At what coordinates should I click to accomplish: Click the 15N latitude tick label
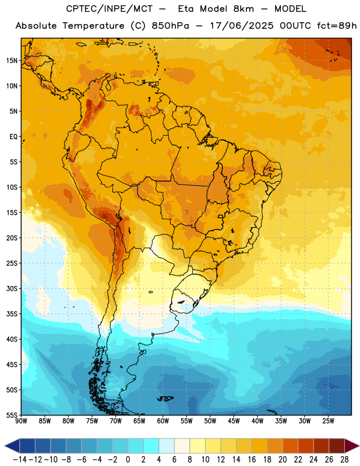[x=12, y=61]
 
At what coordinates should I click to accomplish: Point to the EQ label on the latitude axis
[x=13, y=137]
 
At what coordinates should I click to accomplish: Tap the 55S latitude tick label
[x=12, y=415]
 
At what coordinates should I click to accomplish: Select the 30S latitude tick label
[x=12, y=288]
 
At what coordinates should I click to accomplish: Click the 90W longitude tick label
[x=22, y=421]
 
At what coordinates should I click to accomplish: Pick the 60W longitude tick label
[x=163, y=421]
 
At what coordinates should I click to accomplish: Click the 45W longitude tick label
[x=234, y=421]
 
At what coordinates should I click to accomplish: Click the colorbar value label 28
[x=344, y=460]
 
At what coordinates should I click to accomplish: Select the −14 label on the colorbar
[x=20, y=460]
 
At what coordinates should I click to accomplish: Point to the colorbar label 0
[x=128, y=460]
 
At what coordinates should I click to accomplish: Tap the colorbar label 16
[x=252, y=460]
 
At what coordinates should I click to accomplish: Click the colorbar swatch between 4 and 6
[x=167, y=446]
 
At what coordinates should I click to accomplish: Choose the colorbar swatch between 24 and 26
[x=321, y=446]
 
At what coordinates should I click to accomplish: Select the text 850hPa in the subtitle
[x=170, y=26]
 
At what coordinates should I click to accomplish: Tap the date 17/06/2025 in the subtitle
[x=242, y=26]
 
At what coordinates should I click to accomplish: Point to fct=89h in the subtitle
[x=337, y=26]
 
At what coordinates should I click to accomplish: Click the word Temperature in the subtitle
[x=93, y=26]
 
